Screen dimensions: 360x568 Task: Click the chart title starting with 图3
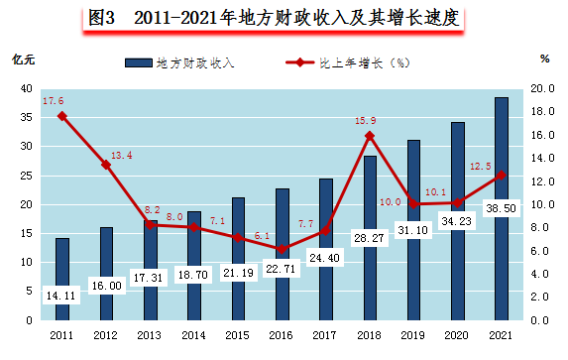(x=284, y=18)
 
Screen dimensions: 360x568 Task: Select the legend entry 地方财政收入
(x=193, y=63)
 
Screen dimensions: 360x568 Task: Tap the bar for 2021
(x=501, y=208)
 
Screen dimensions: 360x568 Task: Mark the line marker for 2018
(x=370, y=136)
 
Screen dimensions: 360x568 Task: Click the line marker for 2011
(x=62, y=116)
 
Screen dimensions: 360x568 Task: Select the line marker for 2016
(x=283, y=249)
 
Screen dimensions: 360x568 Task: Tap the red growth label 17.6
(x=54, y=101)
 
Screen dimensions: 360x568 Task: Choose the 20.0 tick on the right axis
(x=544, y=88)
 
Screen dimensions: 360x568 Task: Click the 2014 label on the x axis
(x=194, y=336)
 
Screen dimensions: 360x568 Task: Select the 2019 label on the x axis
(x=413, y=336)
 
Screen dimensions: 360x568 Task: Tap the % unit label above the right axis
(x=544, y=59)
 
